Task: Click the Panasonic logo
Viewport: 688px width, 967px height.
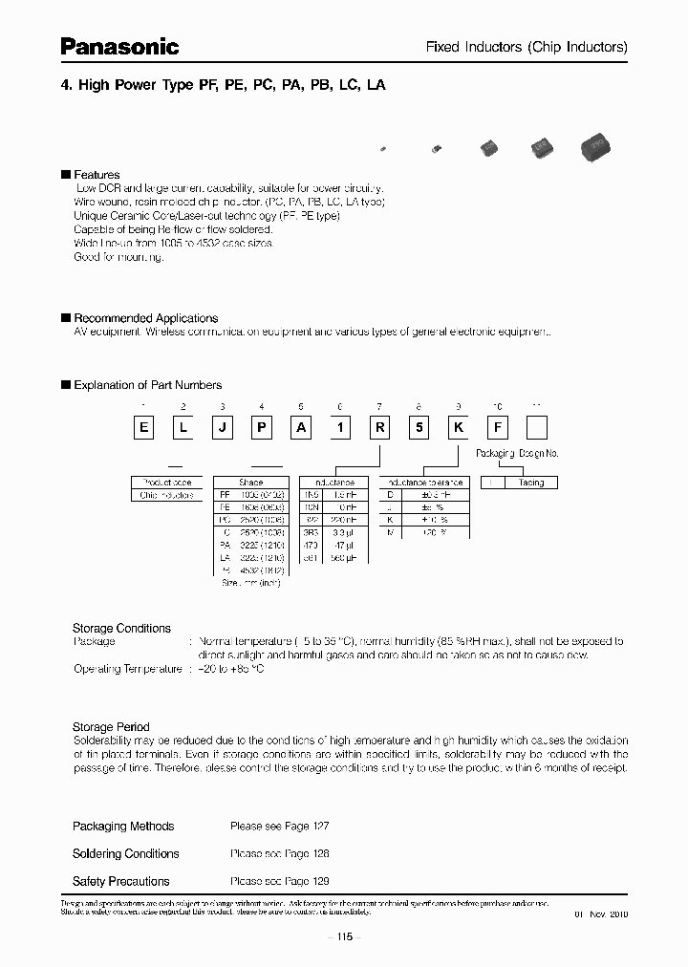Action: pos(120,45)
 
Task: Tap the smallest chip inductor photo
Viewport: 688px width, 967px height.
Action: pos(383,149)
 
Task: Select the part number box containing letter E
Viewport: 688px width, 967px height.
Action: pos(144,428)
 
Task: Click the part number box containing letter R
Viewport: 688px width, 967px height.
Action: pos(379,428)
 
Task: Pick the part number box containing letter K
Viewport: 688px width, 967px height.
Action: pos(458,428)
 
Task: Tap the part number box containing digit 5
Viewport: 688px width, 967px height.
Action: pos(419,428)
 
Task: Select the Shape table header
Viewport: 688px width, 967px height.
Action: pos(250,483)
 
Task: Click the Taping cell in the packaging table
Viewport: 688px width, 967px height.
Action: pos(530,483)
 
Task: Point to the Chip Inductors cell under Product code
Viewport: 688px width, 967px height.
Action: pos(167,495)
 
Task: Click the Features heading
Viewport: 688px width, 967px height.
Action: pos(97,175)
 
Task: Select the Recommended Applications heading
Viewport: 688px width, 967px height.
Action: pos(145,318)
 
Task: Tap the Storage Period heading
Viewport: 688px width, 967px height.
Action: pos(111,727)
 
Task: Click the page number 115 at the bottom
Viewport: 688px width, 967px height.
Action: pos(343,937)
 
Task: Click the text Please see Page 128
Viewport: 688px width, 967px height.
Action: pos(279,853)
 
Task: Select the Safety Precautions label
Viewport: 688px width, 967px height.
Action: pos(121,881)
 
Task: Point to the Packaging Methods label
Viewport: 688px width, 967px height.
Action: pos(123,826)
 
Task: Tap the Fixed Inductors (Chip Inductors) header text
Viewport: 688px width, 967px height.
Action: pos(526,47)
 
